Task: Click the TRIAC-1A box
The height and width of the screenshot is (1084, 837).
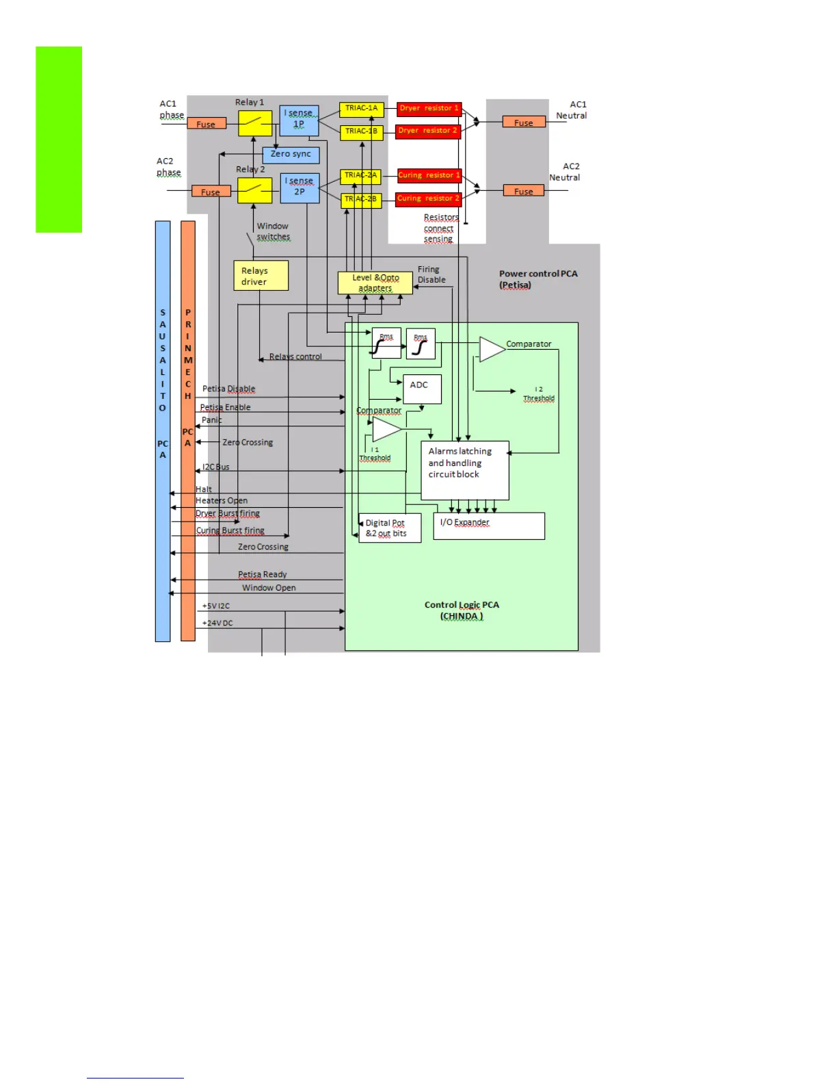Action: pyautogui.click(x=361, y=109)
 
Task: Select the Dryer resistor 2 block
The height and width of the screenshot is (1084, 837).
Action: pyautogui.click(x=428, y=131)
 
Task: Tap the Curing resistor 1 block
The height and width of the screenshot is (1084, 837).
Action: pyautogui.click(x=429, y=176)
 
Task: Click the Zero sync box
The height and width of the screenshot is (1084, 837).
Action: pyautogui.click(x=291, y=155)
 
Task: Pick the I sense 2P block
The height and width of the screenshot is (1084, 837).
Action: pyautogui.click(x=300, y=188)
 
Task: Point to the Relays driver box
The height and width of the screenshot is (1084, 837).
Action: pyautogui.click(x=261, y=276)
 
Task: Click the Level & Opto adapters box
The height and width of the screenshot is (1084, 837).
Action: pyautogui.click(x=375, y=283)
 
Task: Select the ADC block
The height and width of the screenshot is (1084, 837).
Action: pyautogui.click(x=422, y=389)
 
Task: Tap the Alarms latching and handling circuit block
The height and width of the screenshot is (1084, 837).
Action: pyautogui.click(x=464, y=469)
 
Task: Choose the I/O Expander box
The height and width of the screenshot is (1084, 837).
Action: pyautogui.click(x=489, y=526)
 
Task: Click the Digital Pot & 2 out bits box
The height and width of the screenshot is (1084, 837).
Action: pyautogui.click(x=389, y=528)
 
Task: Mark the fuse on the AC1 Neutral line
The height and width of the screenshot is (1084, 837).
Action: pyautogui.click(x=524, y=122)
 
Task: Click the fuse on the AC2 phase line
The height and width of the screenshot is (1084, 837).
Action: pyautogui.click(x=211, y=192)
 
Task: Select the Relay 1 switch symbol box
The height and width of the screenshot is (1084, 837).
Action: pyautogui.click(x=255, y=123)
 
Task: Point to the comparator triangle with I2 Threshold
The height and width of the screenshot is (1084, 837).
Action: pyautogui.click(x=492, y=349)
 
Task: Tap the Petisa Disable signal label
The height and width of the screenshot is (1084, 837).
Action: pyautogui.click(x=228, y=389)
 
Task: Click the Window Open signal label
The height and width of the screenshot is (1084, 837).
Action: pyautogui.click(x=269, y=588)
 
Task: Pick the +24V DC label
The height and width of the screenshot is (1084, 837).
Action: pyautogui.click(x=217, y=623)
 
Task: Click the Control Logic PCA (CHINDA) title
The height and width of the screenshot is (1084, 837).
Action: pyautogui.click(x=462, y=610)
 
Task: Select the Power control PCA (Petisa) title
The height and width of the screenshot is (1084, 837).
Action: pyautogui.click(x=537, y=279)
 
